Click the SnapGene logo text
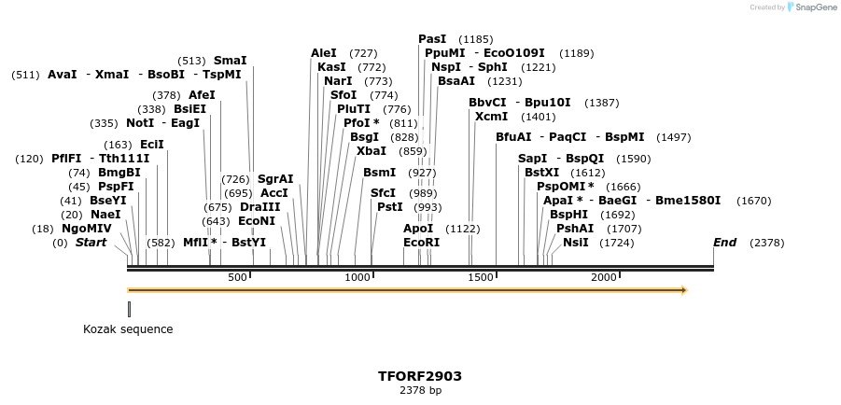[x=815, y=7]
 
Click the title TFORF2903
[x=420, y=376]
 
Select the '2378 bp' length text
[x=420, y=390]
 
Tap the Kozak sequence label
[x=128, y=328]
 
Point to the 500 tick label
[x=237, y=277]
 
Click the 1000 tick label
[x=357, y=277]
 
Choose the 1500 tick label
[x=481, y=277]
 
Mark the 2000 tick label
[x=604, y=277]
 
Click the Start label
[x=91, y=243]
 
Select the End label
[x=724, y=243]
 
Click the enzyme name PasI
[x=432, y=39]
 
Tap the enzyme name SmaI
[x=230, y=61]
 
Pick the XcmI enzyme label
[x=491, y=117]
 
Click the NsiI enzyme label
[x=575, y=243]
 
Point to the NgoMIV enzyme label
[x=87, y=228]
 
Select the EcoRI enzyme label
[x=421, y=243]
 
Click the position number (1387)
[x=601, y=103]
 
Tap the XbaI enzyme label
[x=371, y=151]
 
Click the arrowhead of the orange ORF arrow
[x=683, y=290]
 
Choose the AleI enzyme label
[x=323, y=53]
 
